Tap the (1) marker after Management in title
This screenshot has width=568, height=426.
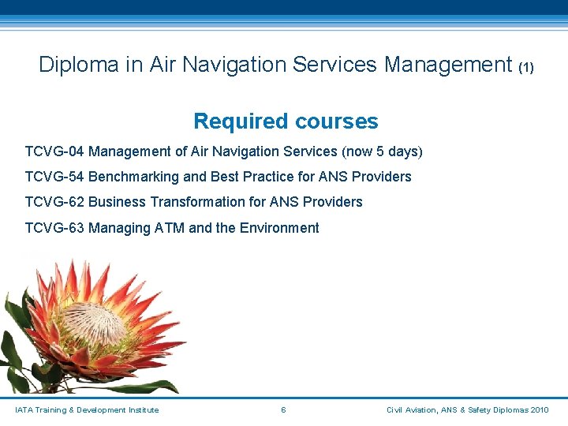tap(526, 67)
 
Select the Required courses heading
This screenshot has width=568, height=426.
tap(286, 121)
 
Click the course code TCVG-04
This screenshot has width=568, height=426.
tap(54, 151)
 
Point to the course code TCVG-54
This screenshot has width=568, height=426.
tap(54, 177)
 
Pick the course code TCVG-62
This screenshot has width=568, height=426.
tap(54, 202)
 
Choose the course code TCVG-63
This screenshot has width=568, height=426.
tap(54, 228)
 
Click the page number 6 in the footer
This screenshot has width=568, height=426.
tap(283, 409)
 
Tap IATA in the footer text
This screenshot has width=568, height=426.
tap(24, 409)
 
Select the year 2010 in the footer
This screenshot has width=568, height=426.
tap(540, 409)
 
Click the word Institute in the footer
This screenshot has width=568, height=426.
tap(142, 409)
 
